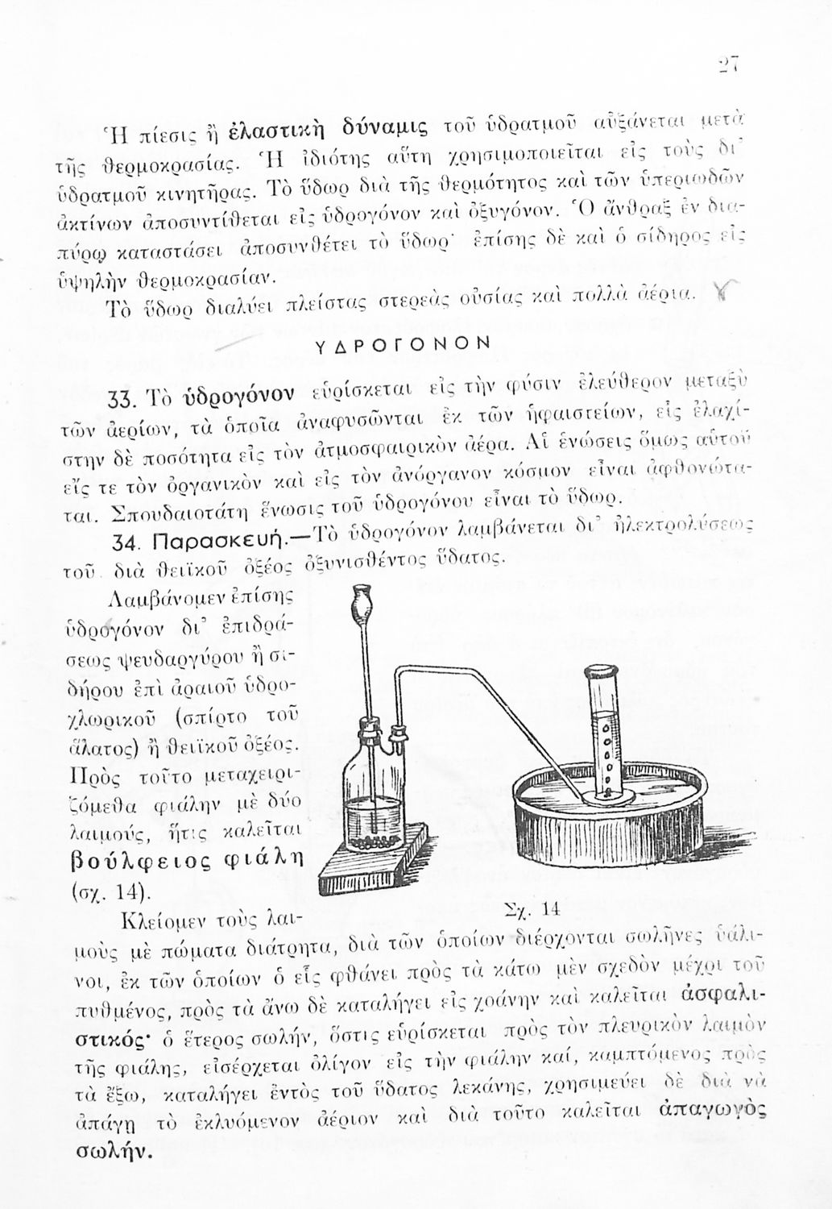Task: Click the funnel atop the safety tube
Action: pos(361,602)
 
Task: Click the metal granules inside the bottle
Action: pos(373,840)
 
